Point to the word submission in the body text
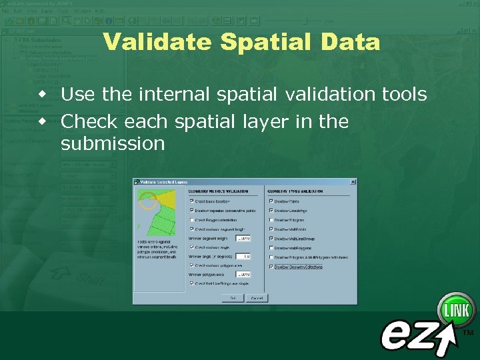(x=112, y=143)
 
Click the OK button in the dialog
(x=233, y=297)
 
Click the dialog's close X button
(x=353, y=181)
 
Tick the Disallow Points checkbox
(x=271, y=200)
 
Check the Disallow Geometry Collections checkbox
(x=271, y=266)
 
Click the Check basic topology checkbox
(x=192, y=200)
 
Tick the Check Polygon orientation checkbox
(x=192, y=219)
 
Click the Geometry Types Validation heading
(x=298, y=191)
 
